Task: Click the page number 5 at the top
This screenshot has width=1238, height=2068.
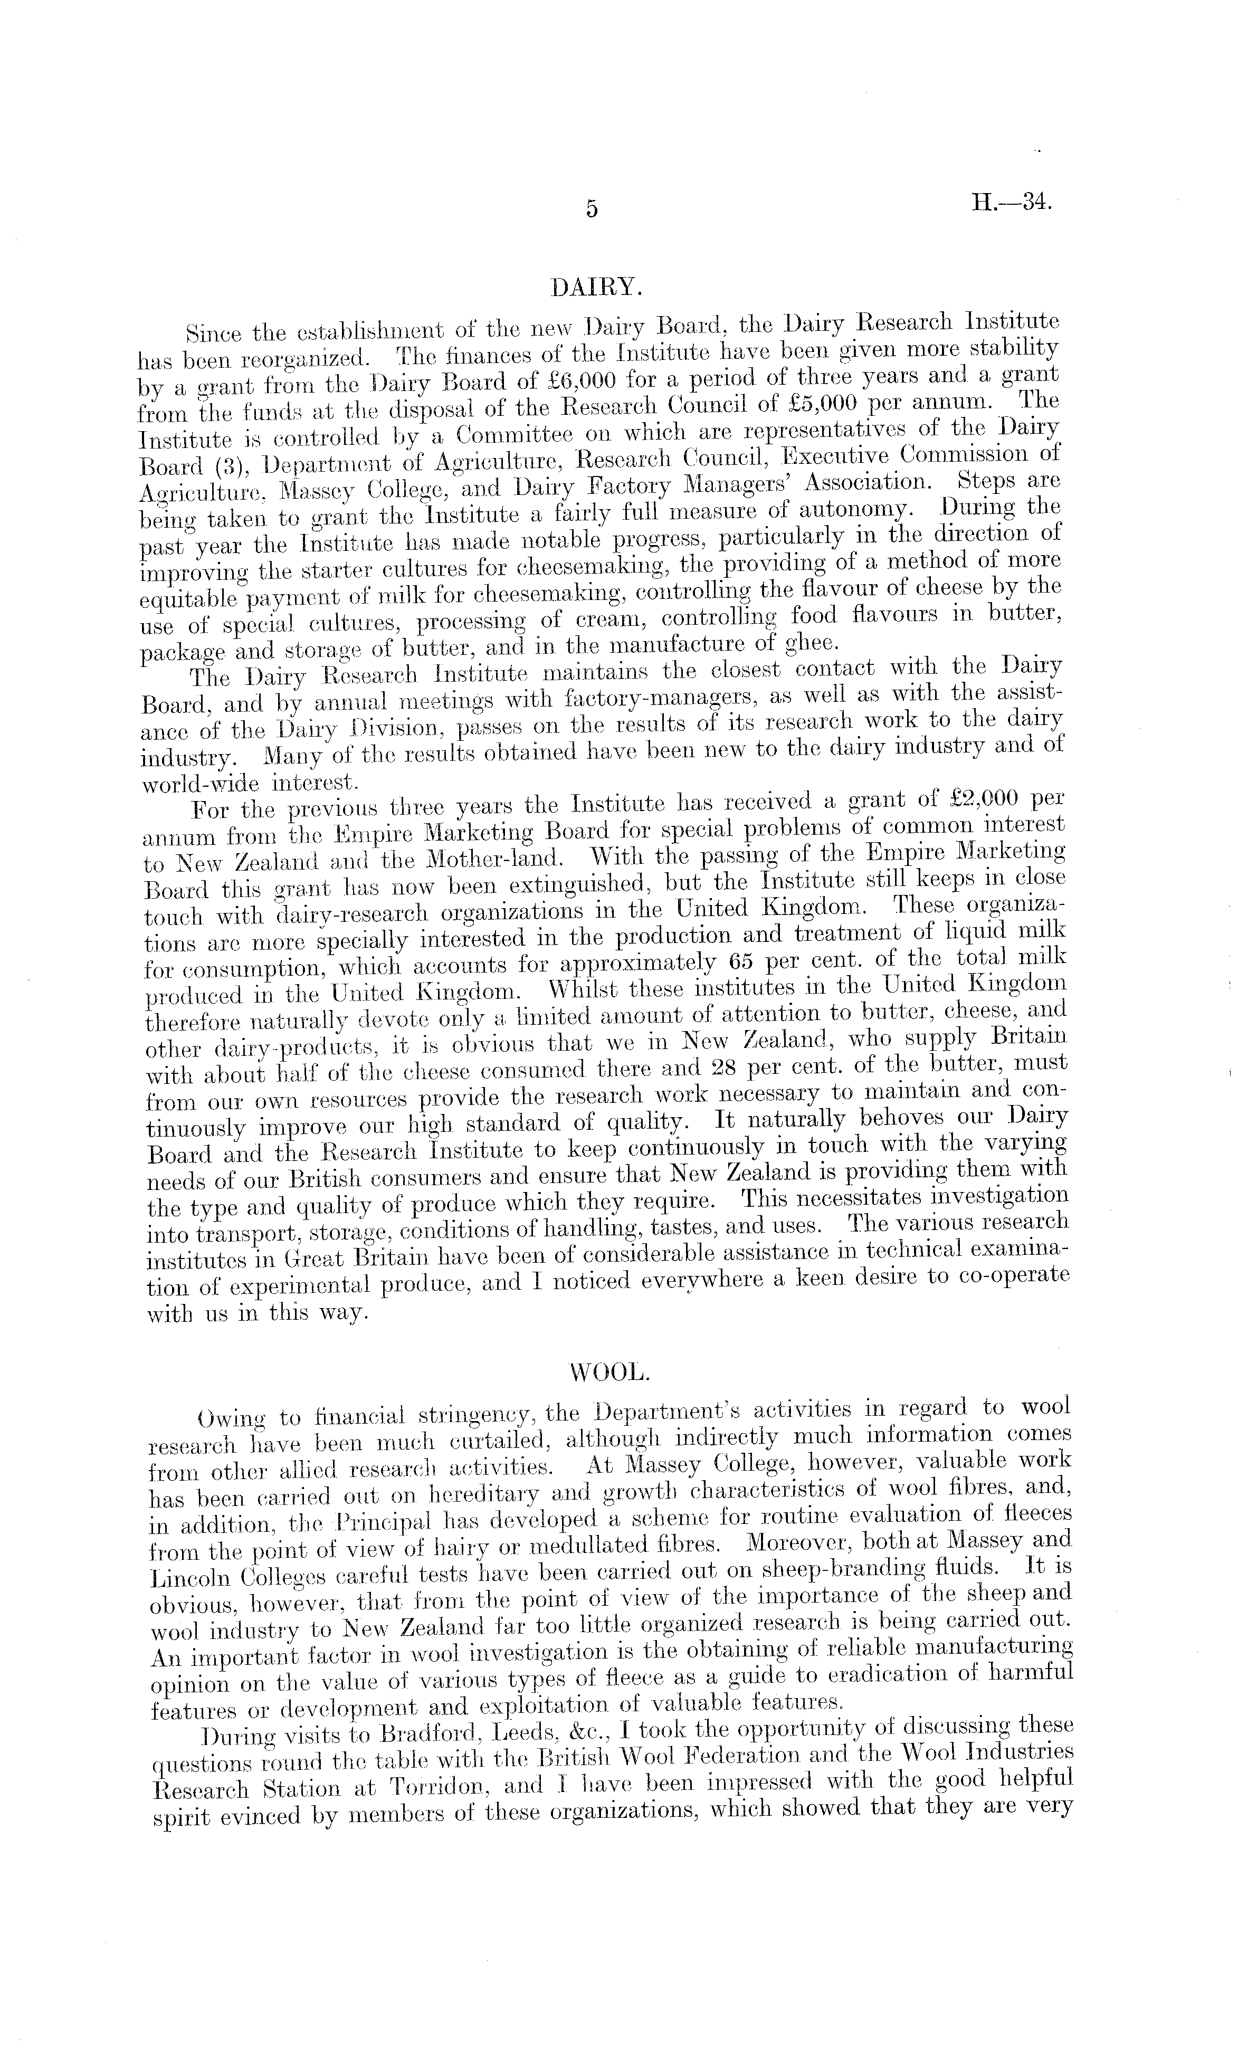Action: click(592, 209)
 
